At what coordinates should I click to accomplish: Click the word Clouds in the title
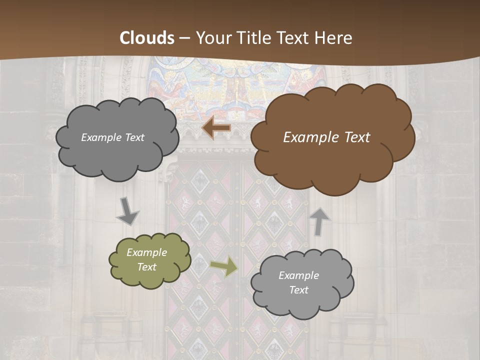pyautogui.click(x=147, y=38)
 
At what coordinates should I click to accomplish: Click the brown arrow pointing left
pyautogui.click(x=216, y=128)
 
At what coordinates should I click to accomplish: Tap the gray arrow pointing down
pyautogui.click(x=128, y=211)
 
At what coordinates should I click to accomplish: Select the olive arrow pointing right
pyautogui.click(x=224, y=266)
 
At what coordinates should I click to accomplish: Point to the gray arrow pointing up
pyautogui.click(x=320, y=221)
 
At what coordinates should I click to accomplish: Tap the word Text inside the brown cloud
pyautogui.click(x=357, y=137)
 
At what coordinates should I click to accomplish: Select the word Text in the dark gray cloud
pyautogui.click(x=133, y=137)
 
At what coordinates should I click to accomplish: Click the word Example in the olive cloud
pyautogui.click(x=147, y=252)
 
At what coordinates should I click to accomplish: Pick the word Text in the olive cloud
pyautogui.click(x=147, y=267)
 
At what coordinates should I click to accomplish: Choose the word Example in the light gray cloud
pyautogui.click(x=298, y=275)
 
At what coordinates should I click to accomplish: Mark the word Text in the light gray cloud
pyautogui.click(x=298, y=290)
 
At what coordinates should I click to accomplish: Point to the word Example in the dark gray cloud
pyautogui.click(x=101, y=137)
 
